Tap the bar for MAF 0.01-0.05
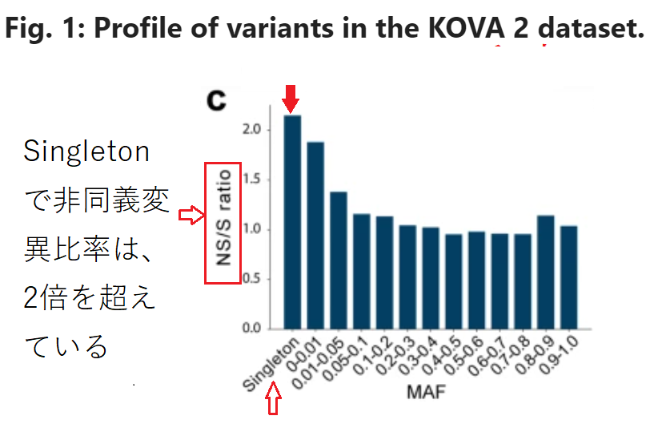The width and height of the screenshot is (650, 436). click(x=339, y=260)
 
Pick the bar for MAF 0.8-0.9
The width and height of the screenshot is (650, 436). click(x=546, y=272)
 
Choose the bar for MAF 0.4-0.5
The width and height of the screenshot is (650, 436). click(x=454, y=281)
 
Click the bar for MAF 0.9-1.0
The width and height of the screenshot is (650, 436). click(x=569, y=277)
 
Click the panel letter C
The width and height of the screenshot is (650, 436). click(x=216, y=103)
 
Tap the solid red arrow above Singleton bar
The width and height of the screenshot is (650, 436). click(x=291, y=99)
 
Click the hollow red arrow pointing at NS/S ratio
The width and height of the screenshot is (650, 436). click(x=190, y=215)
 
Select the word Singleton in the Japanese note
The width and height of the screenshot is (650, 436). click(x=86, y=152)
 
